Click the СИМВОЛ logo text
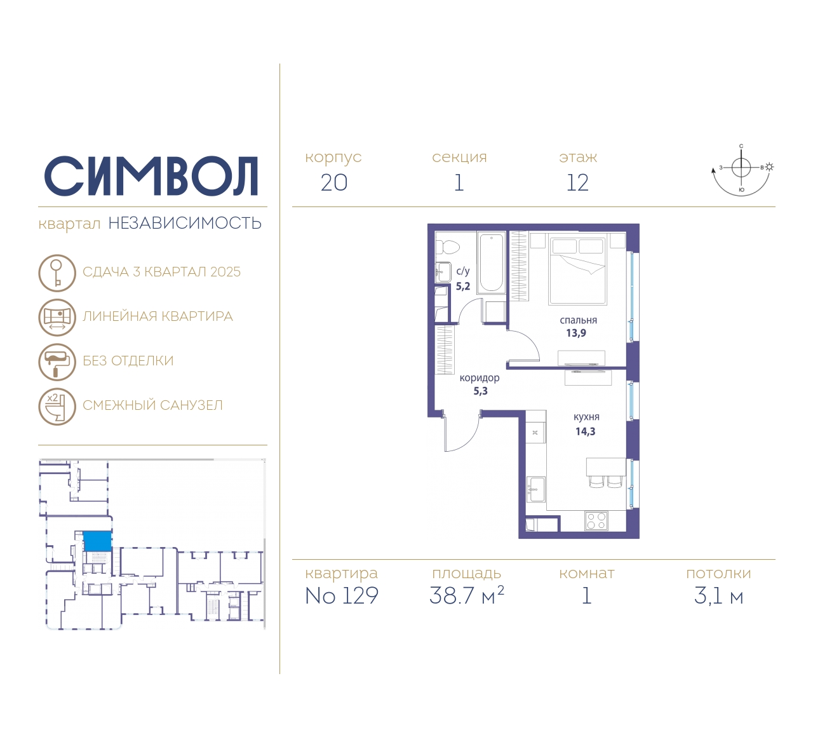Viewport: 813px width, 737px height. (x=151, y=176)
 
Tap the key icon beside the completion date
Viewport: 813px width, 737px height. (x=57, y=273)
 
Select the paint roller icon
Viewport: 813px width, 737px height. (x=57, y=362)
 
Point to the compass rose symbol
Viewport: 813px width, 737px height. (x=742, y=170)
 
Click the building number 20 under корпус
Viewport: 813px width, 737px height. (x=334, y=183)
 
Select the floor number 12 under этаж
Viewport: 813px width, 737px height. (x=577, y=183)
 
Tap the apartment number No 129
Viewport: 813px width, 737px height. (x=342, y=595)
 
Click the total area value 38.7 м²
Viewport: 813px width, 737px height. (x=466, y=595)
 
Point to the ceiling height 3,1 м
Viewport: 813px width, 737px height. (x=718, y=596)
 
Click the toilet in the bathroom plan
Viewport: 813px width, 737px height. (x=447, y=247)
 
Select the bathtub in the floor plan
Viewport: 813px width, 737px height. (x=491, y=262)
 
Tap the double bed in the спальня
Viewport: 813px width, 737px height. (x=578, y=269)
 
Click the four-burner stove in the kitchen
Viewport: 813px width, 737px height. (x=596, y=521)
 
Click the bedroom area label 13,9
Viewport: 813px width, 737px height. (x=576, y=333)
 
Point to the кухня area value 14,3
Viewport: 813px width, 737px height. (x=586, y=432)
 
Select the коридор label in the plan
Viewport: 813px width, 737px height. (x=480, y=378)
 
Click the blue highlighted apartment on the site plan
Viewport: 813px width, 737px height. (x=97, y=541)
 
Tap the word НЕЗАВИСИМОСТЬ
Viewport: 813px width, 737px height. (x=185, y=223)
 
